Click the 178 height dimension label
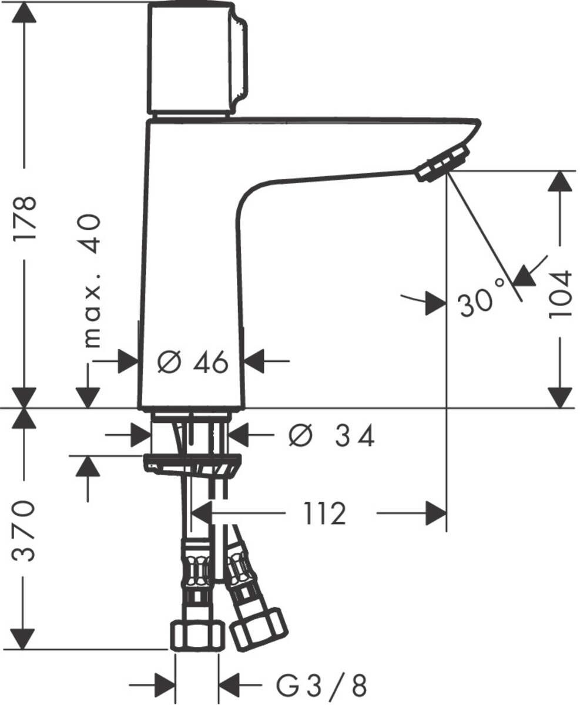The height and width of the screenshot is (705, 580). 25,217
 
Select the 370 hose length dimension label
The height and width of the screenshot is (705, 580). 25,531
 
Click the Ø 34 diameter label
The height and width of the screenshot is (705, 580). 331,436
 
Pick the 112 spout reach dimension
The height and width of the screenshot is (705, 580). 324,515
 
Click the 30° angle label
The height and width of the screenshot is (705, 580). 481,304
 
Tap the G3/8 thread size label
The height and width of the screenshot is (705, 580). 321,685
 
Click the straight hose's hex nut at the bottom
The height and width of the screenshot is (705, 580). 197,636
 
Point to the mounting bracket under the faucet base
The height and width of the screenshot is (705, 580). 192,464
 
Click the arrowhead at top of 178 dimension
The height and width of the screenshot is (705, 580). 25,13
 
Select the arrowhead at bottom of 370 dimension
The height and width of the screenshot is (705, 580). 25,639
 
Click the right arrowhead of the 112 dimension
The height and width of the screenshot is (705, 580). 436,514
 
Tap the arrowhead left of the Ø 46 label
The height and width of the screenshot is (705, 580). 128,361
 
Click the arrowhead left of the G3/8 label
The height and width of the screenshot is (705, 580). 165,685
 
